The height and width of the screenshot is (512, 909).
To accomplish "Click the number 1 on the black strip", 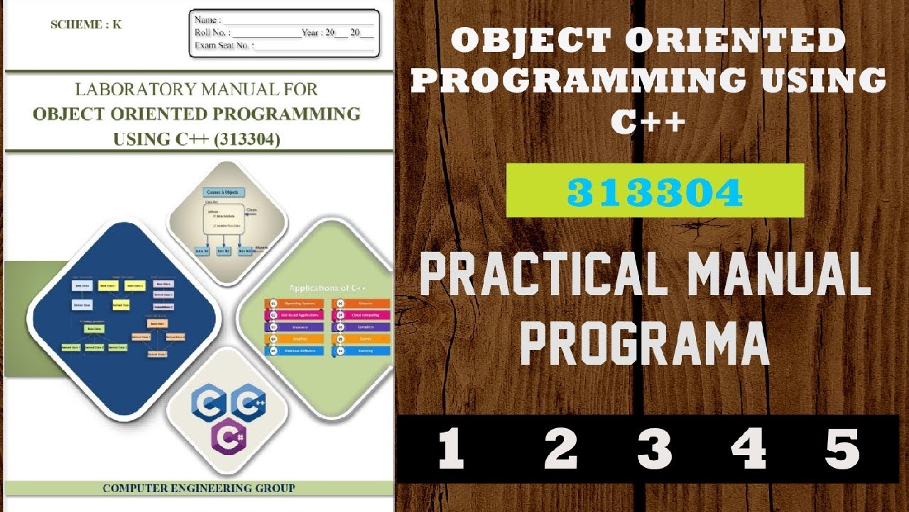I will pyautogui.click(x=452, y=449).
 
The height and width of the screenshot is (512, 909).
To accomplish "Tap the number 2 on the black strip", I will pyautogui.click(x=560, y=449).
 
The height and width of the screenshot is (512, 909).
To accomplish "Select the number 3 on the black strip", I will pyautogui.click(x=654, y=449).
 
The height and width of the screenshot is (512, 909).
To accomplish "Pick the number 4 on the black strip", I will pyautogui.click(x=749, y=449).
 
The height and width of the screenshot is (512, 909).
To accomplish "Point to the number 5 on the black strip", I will pyautogui.click(x=843, y=449).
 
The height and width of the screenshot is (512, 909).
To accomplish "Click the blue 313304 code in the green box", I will pyautogui.click(x=655, y=191).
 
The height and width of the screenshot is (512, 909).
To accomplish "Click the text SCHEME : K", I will pyautogui.click(x=86, y=24).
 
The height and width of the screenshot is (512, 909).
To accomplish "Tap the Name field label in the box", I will pyautogui.click(x=207, y=20).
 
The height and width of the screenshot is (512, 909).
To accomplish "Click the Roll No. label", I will pyautogui.click(x=212, y=33).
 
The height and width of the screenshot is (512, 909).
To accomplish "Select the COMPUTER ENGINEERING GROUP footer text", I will pyautogui.click(x=199, y=489).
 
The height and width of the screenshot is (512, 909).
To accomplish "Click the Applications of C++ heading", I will pyautogui.click(x=327, y=288).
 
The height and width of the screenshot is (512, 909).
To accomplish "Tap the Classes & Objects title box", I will pyautogui.click(x=224, y=192).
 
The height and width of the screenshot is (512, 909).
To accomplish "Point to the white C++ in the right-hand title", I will pyautogui.click(x=648, y=121).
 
